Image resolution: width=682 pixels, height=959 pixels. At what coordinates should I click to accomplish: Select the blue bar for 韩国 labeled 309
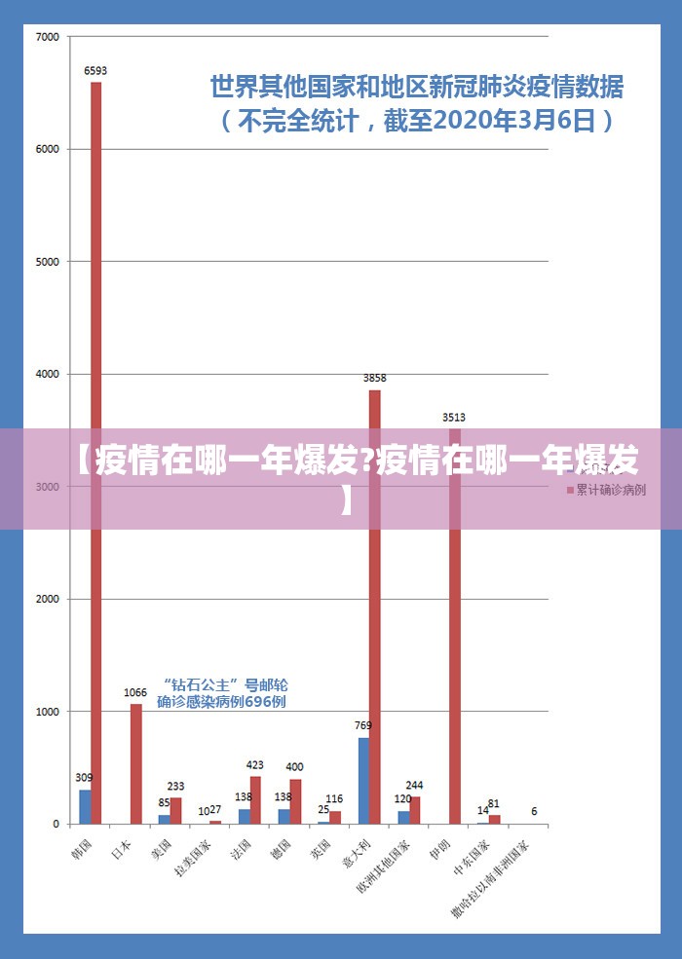click(85, 807)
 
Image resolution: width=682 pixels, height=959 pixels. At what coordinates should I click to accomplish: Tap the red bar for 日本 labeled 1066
click(136, 764)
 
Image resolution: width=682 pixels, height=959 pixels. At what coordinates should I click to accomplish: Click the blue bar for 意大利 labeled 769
click(363, 781)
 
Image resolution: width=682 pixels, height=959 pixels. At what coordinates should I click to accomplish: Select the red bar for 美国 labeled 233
click(176, 811)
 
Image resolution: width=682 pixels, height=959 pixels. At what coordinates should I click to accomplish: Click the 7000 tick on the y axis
click(48, 37)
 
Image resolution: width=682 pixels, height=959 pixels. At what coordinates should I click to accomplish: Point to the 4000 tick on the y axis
click(48, 374)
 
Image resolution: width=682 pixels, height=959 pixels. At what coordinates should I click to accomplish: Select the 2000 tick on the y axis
click(48, 599)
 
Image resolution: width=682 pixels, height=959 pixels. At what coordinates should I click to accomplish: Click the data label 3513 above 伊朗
click(454, 417)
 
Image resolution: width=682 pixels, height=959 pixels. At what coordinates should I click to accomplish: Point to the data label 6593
click(95, 70)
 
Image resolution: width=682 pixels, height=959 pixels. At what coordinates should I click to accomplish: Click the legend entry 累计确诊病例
click(610, 490)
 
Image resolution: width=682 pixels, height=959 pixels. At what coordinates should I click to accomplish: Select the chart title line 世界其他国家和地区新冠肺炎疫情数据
click(417, 88)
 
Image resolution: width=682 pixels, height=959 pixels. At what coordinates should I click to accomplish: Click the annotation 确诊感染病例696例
click(221, 701)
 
